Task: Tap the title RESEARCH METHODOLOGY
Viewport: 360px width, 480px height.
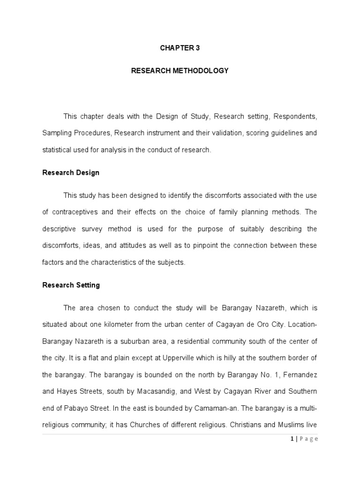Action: (x=180, y=71)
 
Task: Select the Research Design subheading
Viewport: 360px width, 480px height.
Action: (x=71, y=172)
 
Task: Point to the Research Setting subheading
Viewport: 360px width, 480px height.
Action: (x=71, y=285)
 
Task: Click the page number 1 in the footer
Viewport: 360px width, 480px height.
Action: (x=292, y=439)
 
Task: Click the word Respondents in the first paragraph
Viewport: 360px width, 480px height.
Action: (x=295, y=116)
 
